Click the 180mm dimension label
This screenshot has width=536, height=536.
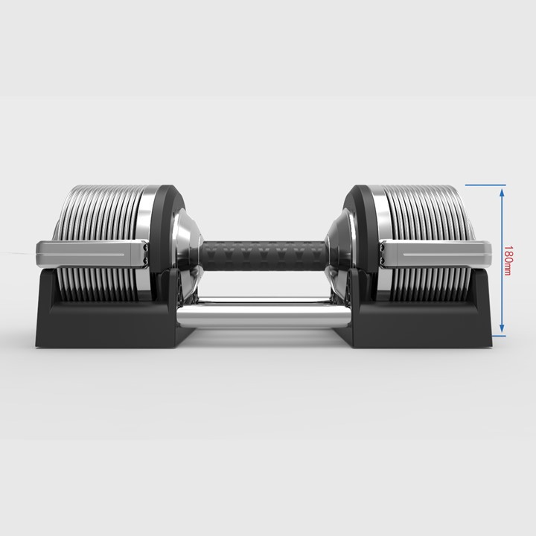point(508,261)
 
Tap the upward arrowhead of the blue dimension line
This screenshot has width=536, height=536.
point(502,193)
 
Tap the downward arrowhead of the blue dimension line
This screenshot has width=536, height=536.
point(502,328)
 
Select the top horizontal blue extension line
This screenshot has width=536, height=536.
point(485,185)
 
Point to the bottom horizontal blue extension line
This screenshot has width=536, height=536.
point(498,336)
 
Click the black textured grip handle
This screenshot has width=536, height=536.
point(264,255)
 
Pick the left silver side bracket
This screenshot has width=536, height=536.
point(92,254)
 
